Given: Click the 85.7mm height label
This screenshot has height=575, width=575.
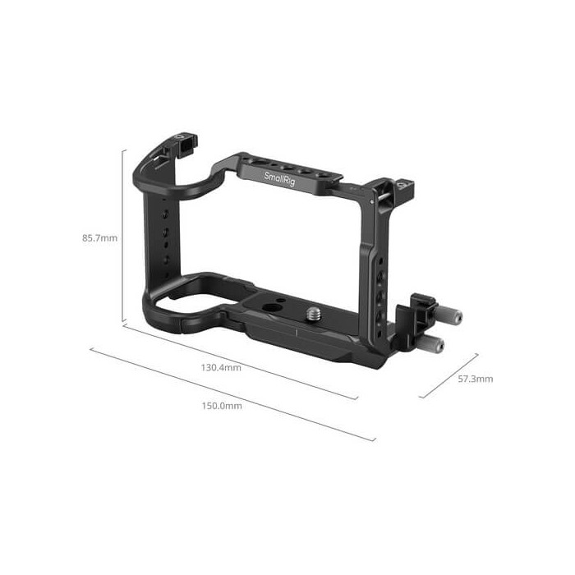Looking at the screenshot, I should point(100,238).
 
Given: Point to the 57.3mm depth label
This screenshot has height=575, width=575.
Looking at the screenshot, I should point(476,379).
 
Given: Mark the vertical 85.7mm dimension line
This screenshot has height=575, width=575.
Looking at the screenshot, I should point(124,235).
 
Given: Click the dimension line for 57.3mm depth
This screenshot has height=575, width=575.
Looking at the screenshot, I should point(448,376).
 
